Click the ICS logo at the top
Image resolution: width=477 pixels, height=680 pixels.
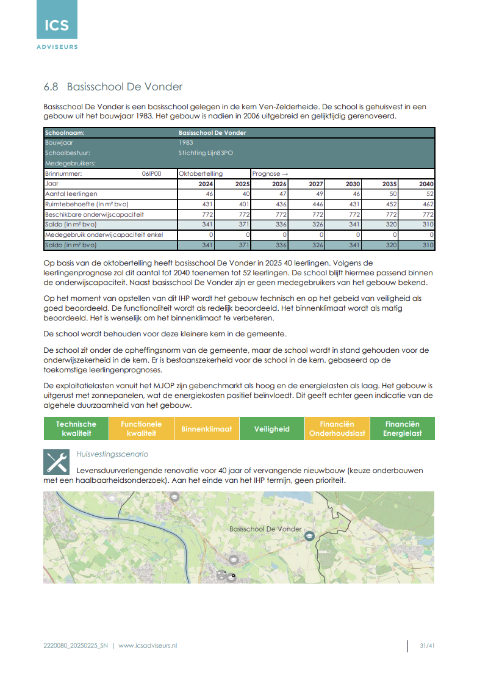(x=57, y=25)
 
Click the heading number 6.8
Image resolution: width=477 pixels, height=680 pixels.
(x=51, y=87)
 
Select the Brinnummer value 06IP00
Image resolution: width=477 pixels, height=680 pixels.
(x=151, y=173)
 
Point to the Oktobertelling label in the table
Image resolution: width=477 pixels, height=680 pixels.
(x=201, y=173)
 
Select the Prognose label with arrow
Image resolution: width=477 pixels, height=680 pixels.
(x=270, y=173)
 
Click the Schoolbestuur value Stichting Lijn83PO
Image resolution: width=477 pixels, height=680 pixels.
(x=206, y=153)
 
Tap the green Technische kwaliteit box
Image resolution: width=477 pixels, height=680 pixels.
(x=76, y=429)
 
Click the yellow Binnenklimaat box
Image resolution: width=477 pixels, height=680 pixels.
(x=207, y=429)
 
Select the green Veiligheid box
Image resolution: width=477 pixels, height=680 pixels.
(x=272, y=429)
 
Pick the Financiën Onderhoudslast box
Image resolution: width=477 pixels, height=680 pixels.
(x=337, y=429)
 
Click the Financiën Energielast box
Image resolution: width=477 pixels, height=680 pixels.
(x=402, y=429)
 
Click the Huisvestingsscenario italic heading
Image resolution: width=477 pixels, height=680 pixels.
(x=112, y=454)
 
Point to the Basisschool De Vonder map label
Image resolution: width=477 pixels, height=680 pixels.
(x=265, y=529)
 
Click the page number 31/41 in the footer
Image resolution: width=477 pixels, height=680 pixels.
(x=427, y=645)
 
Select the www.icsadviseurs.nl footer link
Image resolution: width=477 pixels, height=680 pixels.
(x=148, y=645)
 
